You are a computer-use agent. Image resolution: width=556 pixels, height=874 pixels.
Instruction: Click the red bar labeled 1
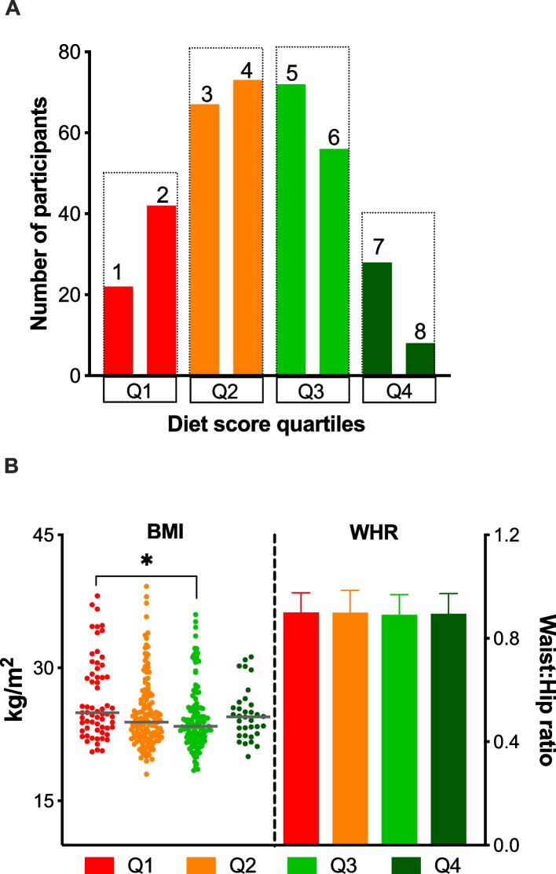pyautogui.click(x=119, y=331)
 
